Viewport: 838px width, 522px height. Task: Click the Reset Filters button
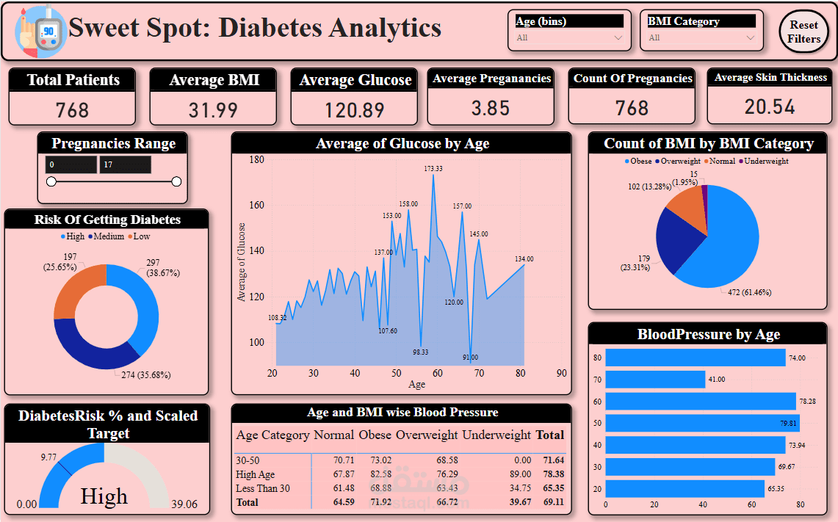coord(804,32)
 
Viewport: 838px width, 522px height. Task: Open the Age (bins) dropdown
coord(569,37)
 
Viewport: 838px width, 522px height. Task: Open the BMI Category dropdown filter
coord(701,37)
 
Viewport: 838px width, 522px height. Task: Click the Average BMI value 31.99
coord(214,110)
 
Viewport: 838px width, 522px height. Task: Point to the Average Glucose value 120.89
coord(355,110)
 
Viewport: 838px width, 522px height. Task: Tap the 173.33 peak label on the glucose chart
coord(433,169)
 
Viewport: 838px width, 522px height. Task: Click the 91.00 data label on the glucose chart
coord(470,358)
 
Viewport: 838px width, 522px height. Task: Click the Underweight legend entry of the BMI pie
coord(767,161)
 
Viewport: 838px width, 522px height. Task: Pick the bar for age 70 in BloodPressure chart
coord(655,380)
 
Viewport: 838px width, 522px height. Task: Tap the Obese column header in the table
coord(375,435)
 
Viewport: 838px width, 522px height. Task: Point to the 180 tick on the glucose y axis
coord(256,159)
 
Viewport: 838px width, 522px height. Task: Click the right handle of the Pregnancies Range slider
coord(176,181)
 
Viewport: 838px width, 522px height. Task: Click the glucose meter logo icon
coord(40,31)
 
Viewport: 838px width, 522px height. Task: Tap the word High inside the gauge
coord(104,497)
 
